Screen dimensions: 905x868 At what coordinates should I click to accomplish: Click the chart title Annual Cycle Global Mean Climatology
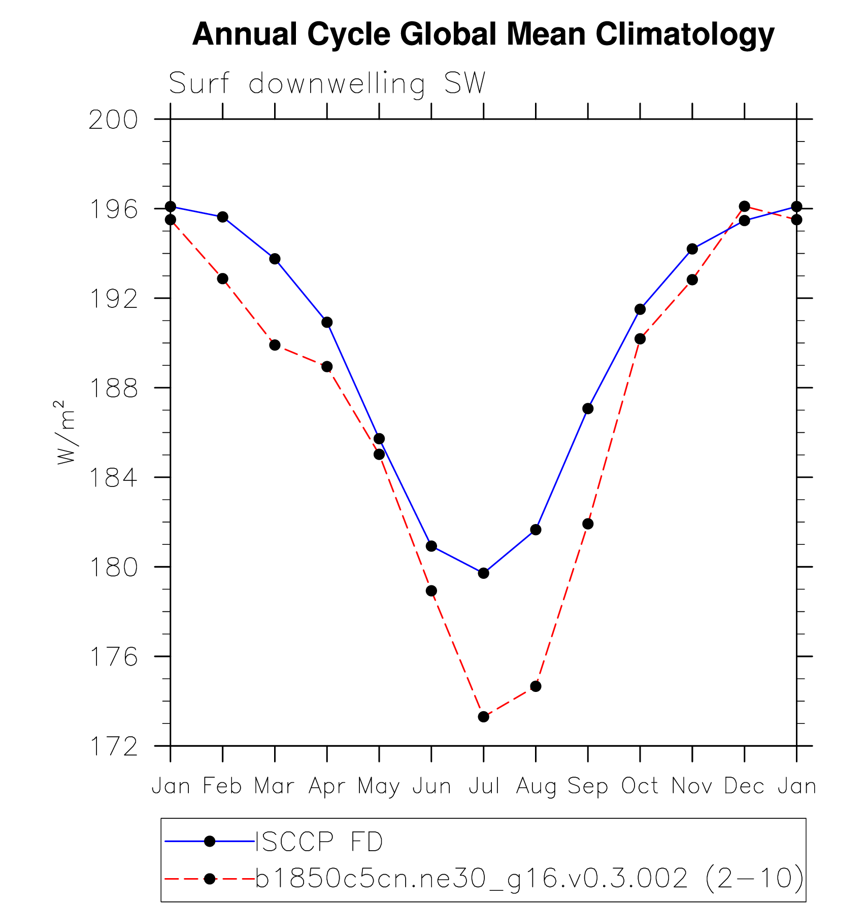[x=483, y=34]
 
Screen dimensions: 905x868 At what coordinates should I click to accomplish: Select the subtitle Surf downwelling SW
[x=327, y=83]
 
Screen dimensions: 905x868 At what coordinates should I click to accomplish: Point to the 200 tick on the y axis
[x=113, y=120]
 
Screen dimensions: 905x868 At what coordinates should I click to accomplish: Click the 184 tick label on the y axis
[x=113, y=478]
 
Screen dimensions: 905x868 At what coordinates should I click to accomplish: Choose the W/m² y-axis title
[x=65, y=432]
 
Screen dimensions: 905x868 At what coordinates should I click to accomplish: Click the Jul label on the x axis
[x=484, y=786]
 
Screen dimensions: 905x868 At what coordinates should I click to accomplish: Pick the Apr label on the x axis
[x=327, y=786]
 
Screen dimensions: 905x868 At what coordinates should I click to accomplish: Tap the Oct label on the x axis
[x=640, y=786]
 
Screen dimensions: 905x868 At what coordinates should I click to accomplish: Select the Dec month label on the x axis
[x=744, y=786]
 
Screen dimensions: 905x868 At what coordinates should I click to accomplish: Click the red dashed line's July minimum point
[x=483, y=717]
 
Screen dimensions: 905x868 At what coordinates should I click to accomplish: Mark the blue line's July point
[x=483, y=573]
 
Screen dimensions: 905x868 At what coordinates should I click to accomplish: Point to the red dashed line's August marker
[x=536, y=686]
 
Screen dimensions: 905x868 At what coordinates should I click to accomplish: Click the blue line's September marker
[x=588, y=409]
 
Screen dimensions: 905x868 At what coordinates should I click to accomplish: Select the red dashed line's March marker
[x=275, y=345]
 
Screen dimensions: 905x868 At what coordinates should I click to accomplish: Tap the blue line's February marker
[x=222, y=217]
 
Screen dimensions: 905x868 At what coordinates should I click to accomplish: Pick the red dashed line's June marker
[x=431, y=591]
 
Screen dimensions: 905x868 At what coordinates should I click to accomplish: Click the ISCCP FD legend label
[x=319, y=842]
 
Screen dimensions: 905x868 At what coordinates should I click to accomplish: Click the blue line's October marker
[x=640, y=309]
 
